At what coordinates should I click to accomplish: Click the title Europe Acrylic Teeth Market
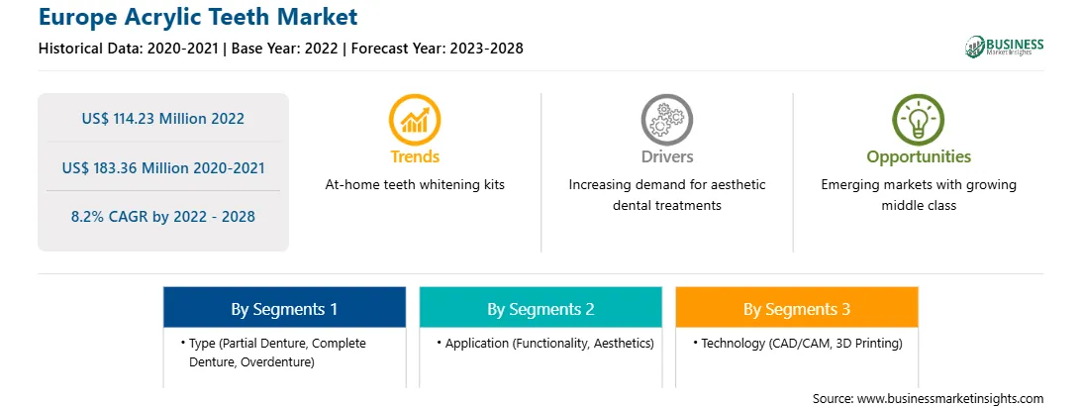(199, 17)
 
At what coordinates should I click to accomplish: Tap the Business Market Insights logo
(1004, 47)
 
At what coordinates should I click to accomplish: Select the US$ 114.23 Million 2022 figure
(162, 118)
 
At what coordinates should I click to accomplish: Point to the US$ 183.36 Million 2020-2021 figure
(162, 167)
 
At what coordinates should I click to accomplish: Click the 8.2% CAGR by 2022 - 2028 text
(162, 217)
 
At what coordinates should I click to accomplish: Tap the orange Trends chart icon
(415, 120)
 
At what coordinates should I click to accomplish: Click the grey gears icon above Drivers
(666, 120)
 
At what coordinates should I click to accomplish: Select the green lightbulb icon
(919, 120)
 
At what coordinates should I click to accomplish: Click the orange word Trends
(415, 156)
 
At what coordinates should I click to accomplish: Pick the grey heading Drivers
(666, 156)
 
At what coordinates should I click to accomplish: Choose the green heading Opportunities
(919, 157)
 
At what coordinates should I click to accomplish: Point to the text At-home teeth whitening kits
(415, 185)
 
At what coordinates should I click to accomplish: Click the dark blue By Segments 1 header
(285, 308)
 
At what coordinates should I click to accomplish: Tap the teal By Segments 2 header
(540, 308)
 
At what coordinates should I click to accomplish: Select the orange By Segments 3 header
(797, 308)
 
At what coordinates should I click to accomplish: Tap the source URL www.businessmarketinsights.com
(950, 399)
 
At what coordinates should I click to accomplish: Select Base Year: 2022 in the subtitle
(285, 49)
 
